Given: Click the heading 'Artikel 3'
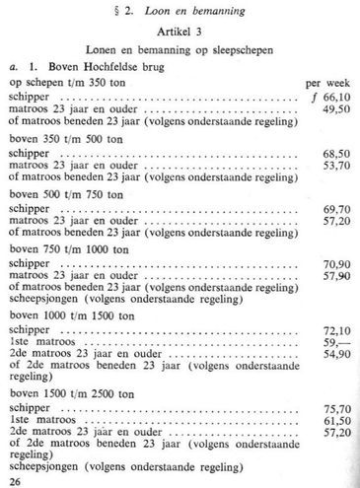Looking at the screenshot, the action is coord(180,34).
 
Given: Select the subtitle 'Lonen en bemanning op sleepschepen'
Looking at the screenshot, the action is coord(180,50).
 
